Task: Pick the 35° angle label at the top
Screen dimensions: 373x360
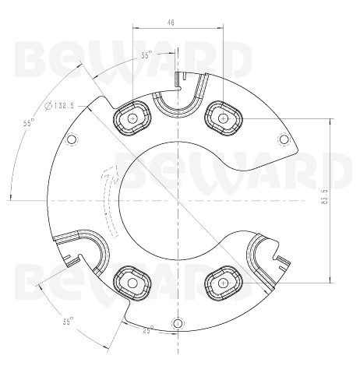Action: pos(146,56)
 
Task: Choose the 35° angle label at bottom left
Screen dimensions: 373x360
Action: pos(69,321)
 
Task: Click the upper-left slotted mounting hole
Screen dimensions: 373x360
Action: pos(133,118)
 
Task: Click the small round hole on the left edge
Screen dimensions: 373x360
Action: pos(73,140)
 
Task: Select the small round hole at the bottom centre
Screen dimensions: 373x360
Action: pos(178,322)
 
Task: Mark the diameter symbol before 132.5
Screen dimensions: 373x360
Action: pos(49,105)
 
